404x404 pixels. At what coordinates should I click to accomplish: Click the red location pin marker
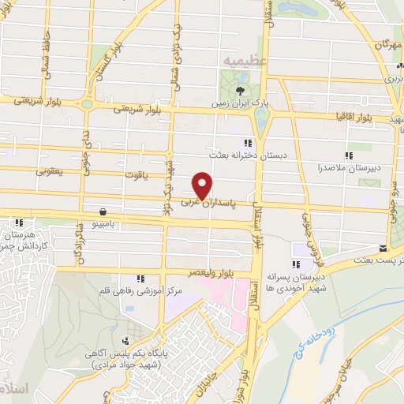pyautogui.click(x=202, y=185)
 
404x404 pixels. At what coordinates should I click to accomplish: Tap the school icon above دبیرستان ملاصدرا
pyautogui.click(x=349, y=155)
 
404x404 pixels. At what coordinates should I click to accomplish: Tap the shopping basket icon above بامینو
pyautogui.click(x=104, y=211)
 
